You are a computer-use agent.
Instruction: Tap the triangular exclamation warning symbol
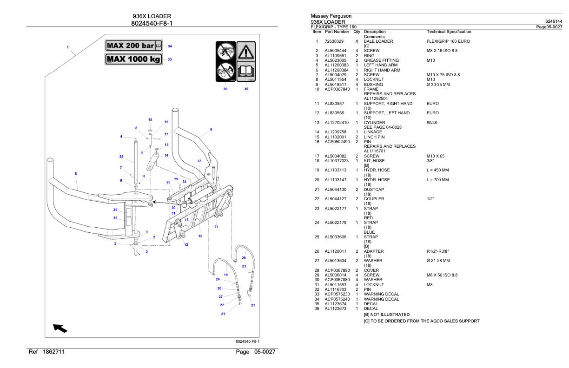click(246, 51)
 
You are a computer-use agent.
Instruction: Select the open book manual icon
click(246, 73)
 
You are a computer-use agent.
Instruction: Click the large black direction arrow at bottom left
click(60, 329)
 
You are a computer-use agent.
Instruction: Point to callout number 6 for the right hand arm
click(211, 129)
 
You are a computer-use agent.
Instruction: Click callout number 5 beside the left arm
click(76, 174)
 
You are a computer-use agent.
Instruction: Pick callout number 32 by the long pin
click(121, 157)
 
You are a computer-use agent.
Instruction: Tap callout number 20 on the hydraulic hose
click(243, 257)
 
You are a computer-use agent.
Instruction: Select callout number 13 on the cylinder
click(186, 220)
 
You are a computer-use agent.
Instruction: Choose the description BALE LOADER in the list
click(378, 41)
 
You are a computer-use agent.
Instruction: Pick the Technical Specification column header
click(449, 32)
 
